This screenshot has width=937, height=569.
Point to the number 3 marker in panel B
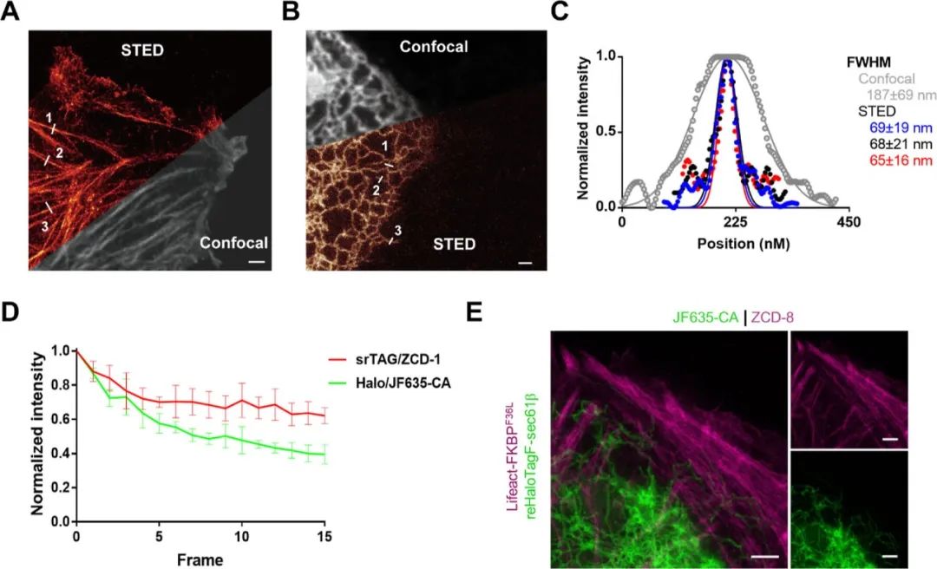[x=398, y=231]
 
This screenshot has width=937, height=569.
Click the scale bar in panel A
[x=257, y=259]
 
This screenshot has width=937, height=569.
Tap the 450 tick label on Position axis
[x=848, y=224]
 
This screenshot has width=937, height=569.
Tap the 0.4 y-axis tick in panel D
[x=59, y=454]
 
